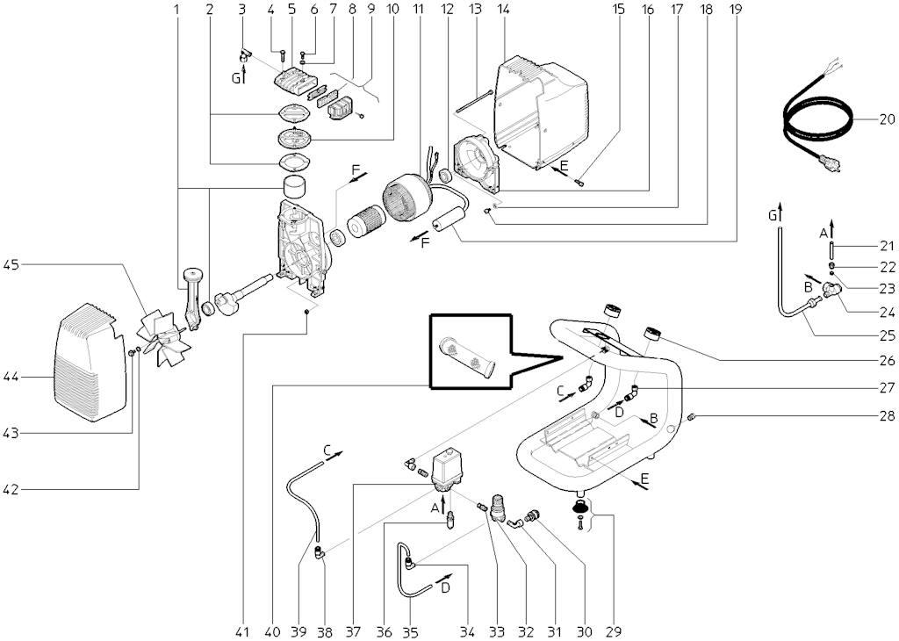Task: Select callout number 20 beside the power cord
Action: click(886, 119)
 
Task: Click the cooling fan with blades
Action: click(167, 338)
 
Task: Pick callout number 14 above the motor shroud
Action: click(503, 10)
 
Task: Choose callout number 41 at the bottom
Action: click(243, 630)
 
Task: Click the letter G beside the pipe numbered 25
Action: click(773, 215)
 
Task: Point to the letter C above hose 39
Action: click(327, 450)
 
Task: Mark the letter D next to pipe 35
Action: click(445, 587)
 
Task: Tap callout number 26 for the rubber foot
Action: click(886, 360)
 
